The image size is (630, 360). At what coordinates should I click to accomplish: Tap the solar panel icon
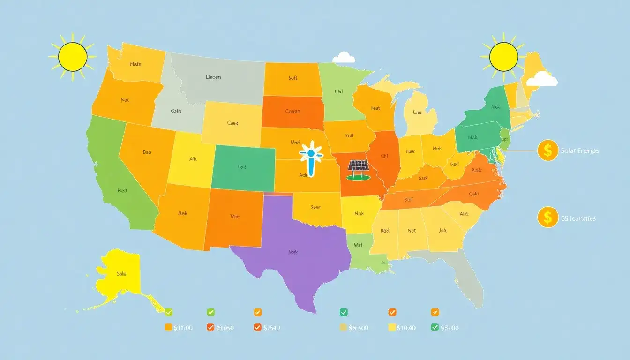pyautogui.click(x=359, y=169)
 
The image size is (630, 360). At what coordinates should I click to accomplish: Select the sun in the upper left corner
pyautogui.click(x=73, y=56)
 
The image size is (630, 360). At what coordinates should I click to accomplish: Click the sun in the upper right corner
pyautogui.click(x=503, y=57)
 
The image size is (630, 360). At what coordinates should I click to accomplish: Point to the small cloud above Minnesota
pyautogui.click(x=344, y=58)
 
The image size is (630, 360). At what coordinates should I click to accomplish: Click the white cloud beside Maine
pyautogui.click(x=542, y=79)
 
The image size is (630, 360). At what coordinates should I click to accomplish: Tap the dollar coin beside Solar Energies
pyautogui.click(x=547, y=150)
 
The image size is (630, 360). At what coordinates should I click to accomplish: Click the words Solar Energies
pyautogui.click(x=580, y=151)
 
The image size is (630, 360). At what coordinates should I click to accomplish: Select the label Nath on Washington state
pyautogui.click(x=135, y=64)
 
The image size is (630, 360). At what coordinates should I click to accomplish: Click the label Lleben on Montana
pyautogui.click(x=213, y=77)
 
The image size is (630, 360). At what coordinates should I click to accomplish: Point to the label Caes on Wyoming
pyautogui.click(x=232, y=123)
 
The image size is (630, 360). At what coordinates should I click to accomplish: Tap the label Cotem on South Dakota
pyautogui.click(x=292, y=112)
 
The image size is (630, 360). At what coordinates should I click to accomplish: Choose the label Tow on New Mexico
pyautogui.click(x=235, y=217)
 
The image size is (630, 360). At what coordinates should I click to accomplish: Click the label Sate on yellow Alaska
pyautogui.click(x=121, y=273)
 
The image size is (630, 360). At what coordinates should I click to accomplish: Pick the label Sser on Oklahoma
pyautogui.click(x=315, y=207)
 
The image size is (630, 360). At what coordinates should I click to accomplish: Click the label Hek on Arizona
pyautogui.click(x=183, y=213)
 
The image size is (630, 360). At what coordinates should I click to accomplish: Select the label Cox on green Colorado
pyautogui.click(x=242, y=166)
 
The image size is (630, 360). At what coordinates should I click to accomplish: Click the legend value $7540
pyautogui.click(x=271, y=328)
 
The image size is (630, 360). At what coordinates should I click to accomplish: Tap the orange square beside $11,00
pyautogui.click(x=169, y=328)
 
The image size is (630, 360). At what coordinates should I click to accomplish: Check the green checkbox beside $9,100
pyautogui.click(x=435, y=328)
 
